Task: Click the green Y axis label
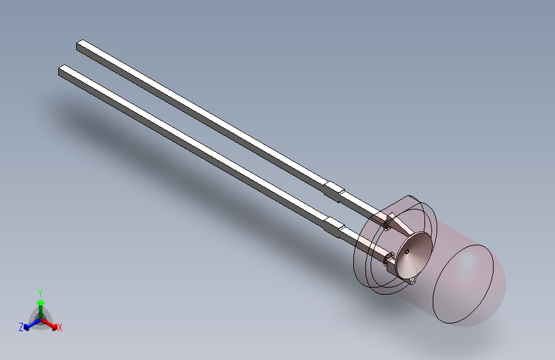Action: click(40, 291)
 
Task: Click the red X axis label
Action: click(60, 328)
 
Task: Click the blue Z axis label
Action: click(21, 327)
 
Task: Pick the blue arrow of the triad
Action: click(29, 324)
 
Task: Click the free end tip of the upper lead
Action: click(80, 45)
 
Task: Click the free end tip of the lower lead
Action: click(62, 70)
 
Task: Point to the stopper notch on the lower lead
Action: click(334, 224)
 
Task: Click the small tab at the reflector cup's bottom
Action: click(412, 281)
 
